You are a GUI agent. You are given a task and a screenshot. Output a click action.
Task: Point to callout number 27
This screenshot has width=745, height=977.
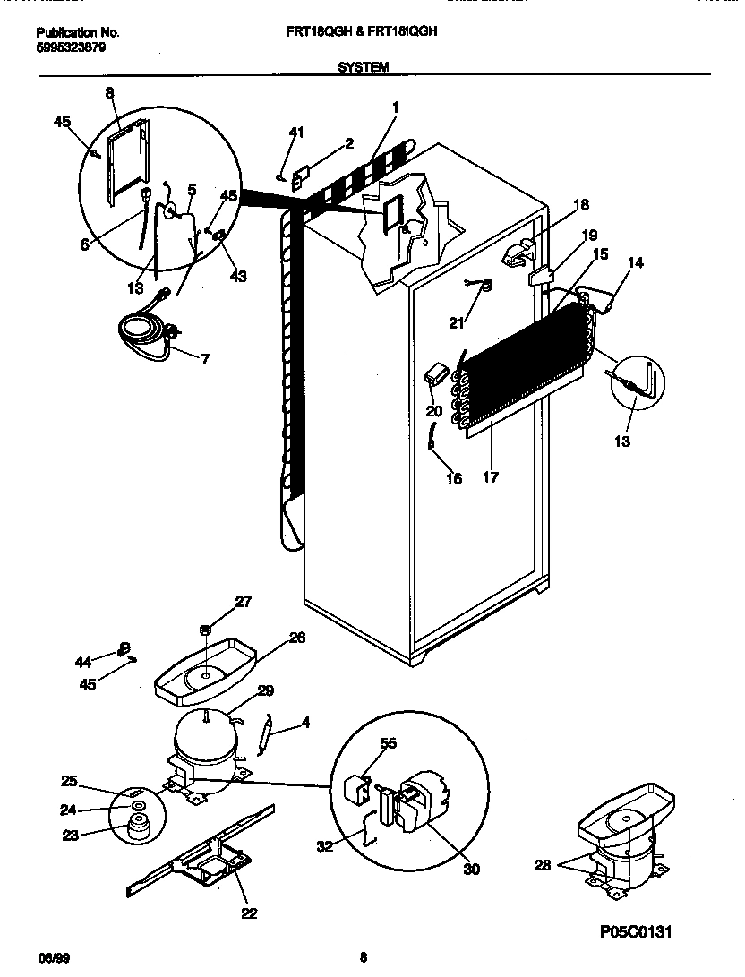click(x=244, y=602)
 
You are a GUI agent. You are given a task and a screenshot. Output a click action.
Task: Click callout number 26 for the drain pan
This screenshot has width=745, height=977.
click(x=296, y=638)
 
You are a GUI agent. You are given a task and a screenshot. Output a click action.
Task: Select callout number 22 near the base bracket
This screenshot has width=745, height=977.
click(x=249, y=913)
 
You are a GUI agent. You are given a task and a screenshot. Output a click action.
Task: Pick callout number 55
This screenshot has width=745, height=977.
click(x=387, y=743)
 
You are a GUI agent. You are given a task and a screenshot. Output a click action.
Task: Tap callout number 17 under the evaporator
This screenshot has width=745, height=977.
click(x=490, y=477)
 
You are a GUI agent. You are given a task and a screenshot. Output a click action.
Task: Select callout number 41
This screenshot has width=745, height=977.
click(x=296, y=133)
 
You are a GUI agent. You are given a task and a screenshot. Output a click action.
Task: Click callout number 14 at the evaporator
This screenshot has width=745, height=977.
click(x=635, y=262)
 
